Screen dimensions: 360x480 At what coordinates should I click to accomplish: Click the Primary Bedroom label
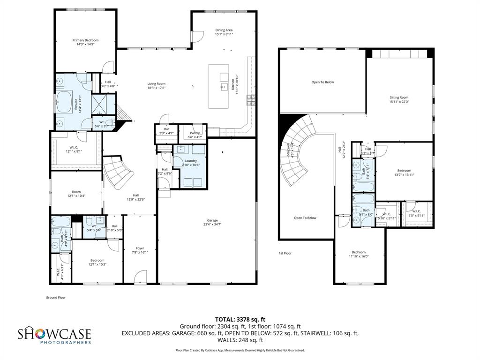pyautogui.click(x=85, y=40)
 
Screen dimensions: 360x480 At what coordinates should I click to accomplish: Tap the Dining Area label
pyautogui.click(x=224, y=30)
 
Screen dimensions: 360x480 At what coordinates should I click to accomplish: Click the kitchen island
pyautogui.click(x=218, y=86)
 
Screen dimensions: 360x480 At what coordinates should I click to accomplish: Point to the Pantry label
pyautogui.click(x=195, y=133)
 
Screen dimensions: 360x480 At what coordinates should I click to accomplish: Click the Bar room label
pyautogui.click(x=166, y=129)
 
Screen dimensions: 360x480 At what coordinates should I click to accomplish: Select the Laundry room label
pyautogui.click(x=191, y=161)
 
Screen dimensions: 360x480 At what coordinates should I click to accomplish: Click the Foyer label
pyautogui.click(x=140, y=248)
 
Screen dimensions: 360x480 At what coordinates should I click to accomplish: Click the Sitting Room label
pyautogui.click(x=399, y=97)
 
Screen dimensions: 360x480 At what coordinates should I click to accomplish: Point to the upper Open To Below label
pyautogui.click(x=322, y=82)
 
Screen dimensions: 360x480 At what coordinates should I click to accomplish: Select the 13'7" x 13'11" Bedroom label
pyautogui.click(x=404, y=171)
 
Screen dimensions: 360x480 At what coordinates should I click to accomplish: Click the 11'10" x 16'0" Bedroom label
pyautogui.click(x=359, y=252)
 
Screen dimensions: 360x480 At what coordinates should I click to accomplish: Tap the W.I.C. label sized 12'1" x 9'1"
pyautogui.click(x=74, y=147)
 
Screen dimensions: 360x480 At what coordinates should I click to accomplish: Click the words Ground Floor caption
pyautogui.click(x=55, y=297)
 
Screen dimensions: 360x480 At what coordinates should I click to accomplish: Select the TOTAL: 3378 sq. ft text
pyautogui.click(x=240, y=319)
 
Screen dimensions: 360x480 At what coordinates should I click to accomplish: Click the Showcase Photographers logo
pyautogui.click(x=54, y=336)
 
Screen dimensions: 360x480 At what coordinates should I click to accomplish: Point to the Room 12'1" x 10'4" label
pyautogui.click(x=76, y=192)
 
